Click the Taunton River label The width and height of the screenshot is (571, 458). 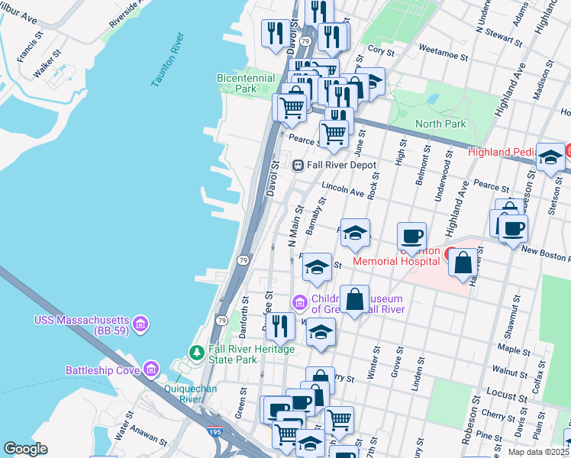pos(169,60)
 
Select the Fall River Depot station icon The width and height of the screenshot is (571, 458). pos(299,165)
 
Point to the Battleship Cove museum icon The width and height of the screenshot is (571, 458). pos(151,370)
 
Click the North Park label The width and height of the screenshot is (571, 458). pos(440,124)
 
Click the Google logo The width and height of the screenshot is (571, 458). pos(25,449)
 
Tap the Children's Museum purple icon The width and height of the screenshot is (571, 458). pos(299,300)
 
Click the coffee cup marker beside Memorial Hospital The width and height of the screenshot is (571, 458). pos(411,236)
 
